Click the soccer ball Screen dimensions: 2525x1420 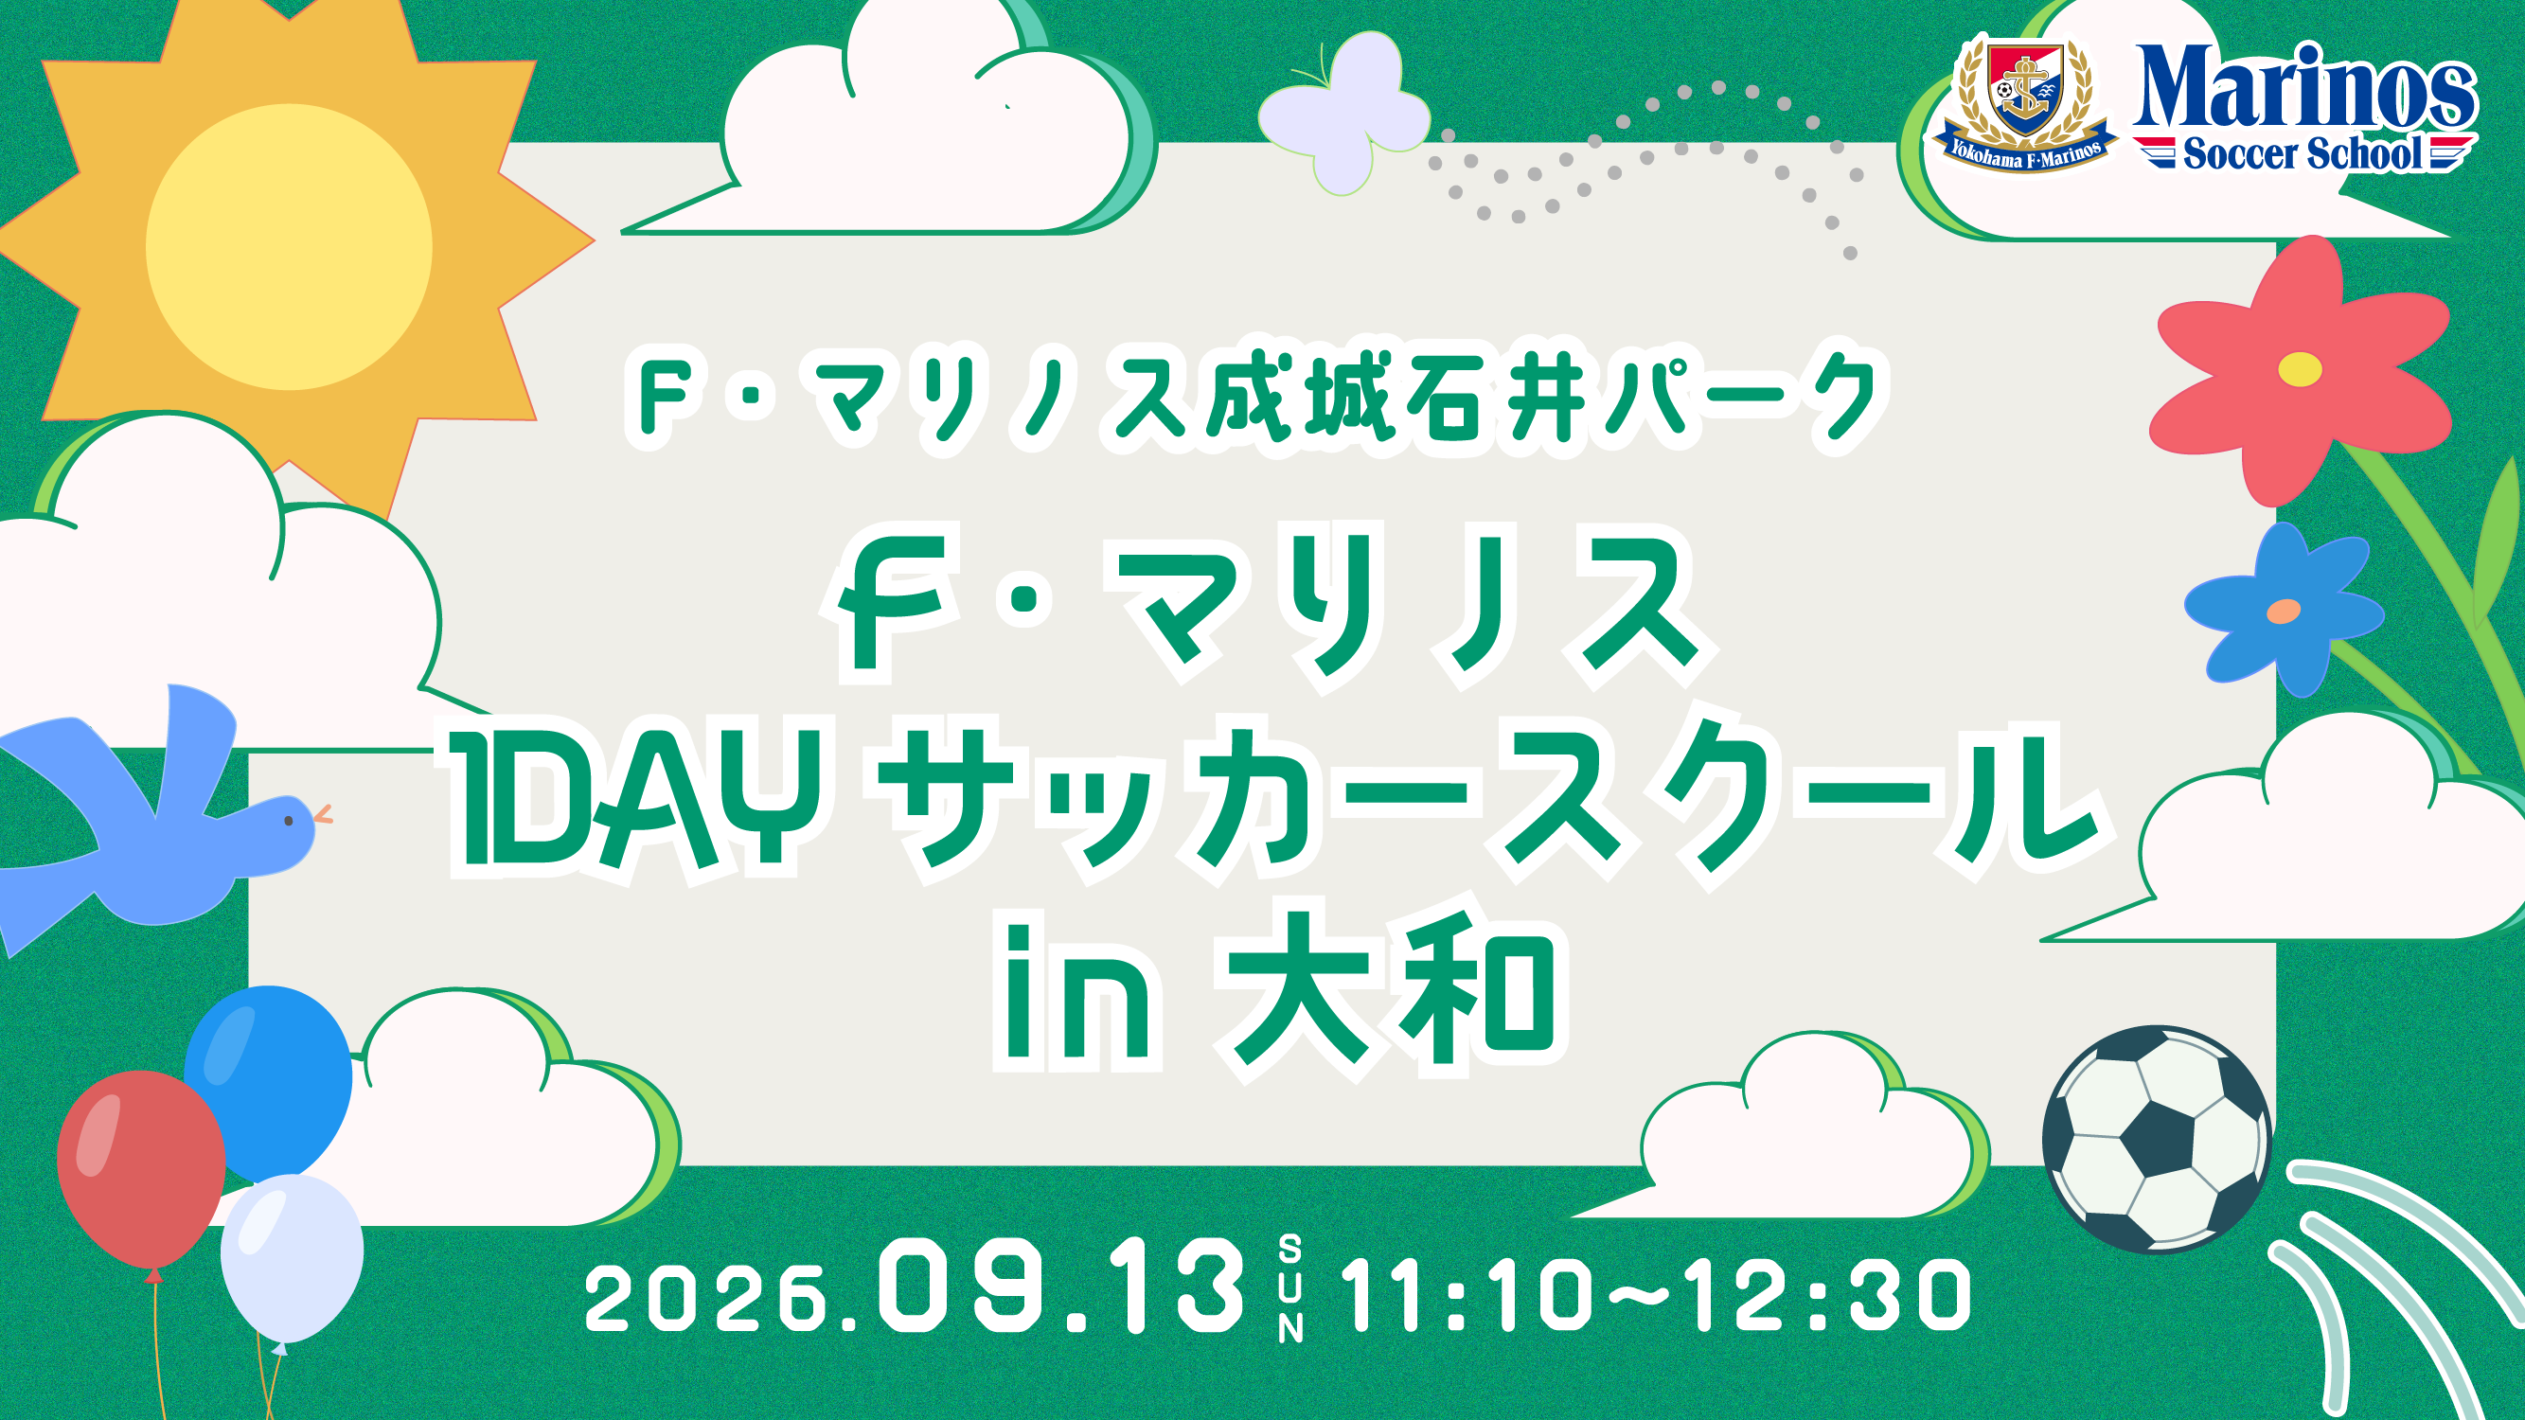(2157, 1140)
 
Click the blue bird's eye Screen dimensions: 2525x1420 (288, 820)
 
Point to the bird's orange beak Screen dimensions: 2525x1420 (323, 813)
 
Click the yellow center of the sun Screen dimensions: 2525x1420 (289, 247)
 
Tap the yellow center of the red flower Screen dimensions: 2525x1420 (2300, 369)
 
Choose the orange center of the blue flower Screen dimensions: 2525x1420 (2283, 612)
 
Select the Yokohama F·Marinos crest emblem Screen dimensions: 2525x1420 (2025, 105)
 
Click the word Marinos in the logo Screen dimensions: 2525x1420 (2304, 88)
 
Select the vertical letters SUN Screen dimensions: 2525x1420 (1289, 1288)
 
